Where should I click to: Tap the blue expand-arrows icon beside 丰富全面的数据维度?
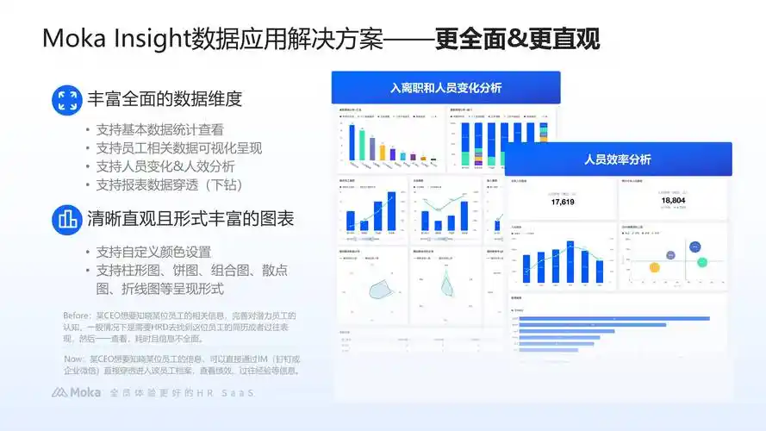pos(65,99)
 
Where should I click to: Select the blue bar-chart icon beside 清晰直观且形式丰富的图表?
pos(65,219)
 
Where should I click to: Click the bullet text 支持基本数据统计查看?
pos(160,130)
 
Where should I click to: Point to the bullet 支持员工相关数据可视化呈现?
pos(179,148)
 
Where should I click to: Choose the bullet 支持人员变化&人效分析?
pos(165,166)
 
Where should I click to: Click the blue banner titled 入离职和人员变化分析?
pos(445,88)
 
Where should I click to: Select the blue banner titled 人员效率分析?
pos(617,159)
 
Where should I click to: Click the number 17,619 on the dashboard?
pos(563,202)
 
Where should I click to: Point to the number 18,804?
pos(673,201)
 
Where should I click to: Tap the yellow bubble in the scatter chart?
pos(668,255)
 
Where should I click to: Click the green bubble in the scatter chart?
pos(703,261)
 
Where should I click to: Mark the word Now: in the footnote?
pos(74,359)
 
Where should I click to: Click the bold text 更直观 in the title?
pos(569,40)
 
